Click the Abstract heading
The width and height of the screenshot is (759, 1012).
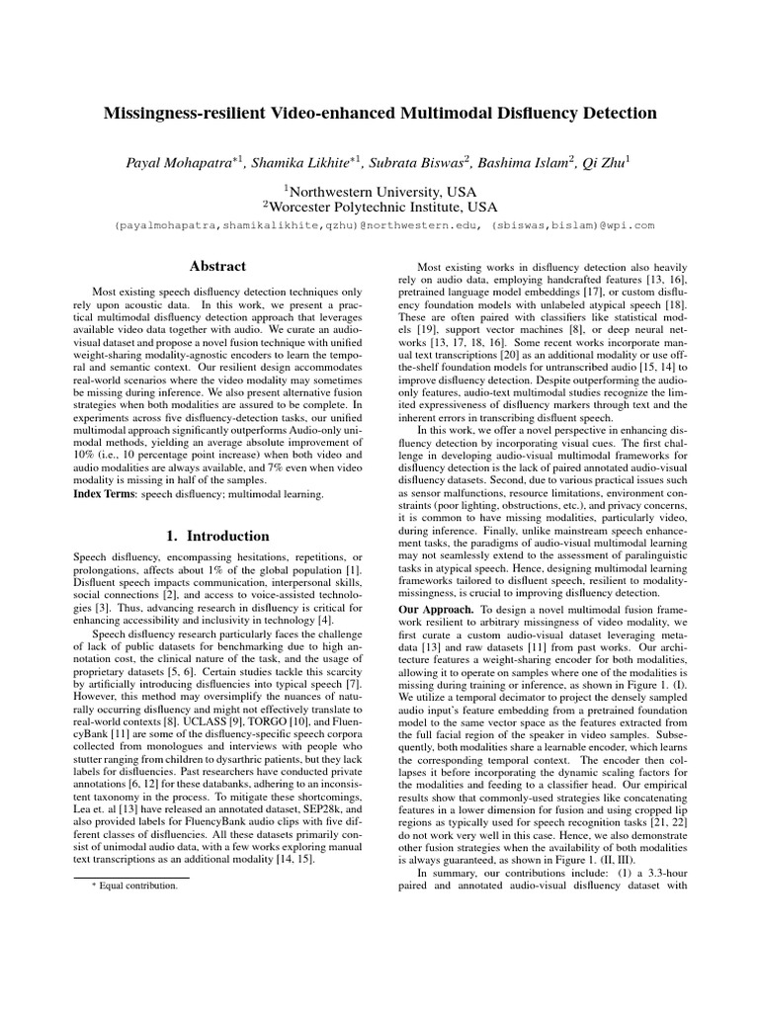[217, 266]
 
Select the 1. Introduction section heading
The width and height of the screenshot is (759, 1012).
[217, 536]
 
